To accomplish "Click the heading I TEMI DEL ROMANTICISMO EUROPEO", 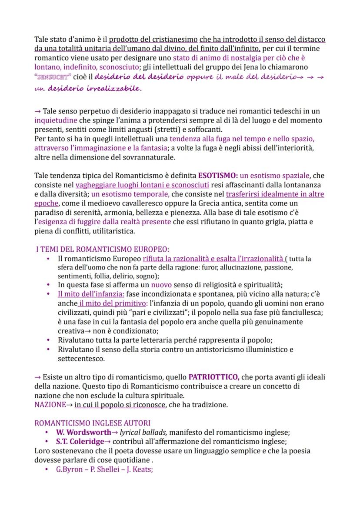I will (103, 249).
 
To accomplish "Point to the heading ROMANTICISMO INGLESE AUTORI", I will (93, 422).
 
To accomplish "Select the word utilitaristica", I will (110, 231).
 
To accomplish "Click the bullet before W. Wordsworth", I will (47, 433).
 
